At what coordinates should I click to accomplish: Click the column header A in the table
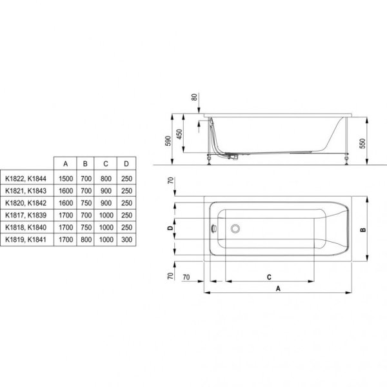tap(64, 163)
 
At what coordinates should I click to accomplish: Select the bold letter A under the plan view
tap(278, 289)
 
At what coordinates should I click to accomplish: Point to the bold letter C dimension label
tap(268, 276)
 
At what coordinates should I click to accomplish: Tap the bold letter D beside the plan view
tap(169, 228)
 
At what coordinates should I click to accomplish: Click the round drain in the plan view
tap(237, 228)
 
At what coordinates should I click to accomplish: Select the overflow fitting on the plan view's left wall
tap(217, 228)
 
